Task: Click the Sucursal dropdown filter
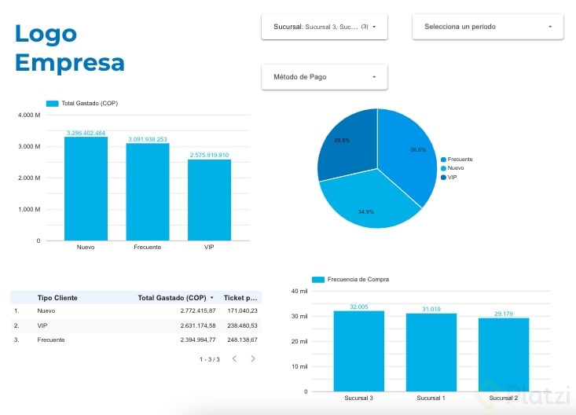(324, 27)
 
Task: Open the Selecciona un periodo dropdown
(487, 27)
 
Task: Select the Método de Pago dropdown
(324, 77)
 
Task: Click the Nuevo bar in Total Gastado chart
(86, 189)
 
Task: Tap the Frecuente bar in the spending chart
(147, 192)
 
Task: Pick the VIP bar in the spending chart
(209, 200)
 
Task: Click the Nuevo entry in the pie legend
(455, 168)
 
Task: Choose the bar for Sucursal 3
(358, 351)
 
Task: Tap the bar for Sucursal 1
(431, 352)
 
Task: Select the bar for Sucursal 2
(503, 354)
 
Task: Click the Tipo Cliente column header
(57, 298)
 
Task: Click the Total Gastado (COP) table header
(171, 298)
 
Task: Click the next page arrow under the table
(253, 358)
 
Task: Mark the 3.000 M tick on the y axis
(28, 147)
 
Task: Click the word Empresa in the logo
(69, 62)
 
